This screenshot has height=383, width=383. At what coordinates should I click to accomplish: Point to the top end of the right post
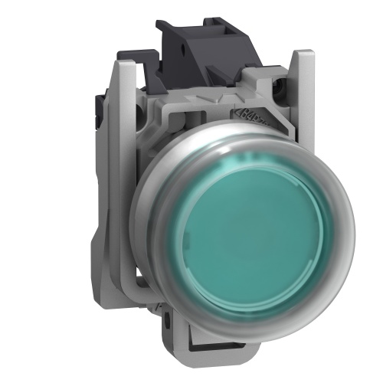[304, 55]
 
